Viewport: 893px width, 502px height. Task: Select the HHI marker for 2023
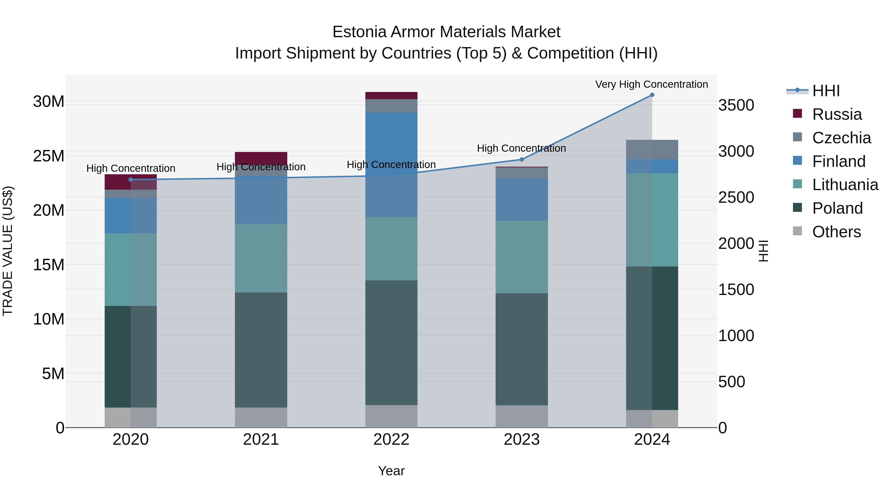(522, 159)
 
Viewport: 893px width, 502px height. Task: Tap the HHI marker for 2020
(131, 179)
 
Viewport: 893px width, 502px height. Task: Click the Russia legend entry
(836, 114)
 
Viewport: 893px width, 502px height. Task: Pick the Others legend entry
(836, 232)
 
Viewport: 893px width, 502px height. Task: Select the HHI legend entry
(826, 91)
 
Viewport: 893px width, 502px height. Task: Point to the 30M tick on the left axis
(49, 102)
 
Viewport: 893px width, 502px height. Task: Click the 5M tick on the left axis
(53, 374)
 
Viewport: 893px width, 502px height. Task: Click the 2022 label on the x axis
(391, 440)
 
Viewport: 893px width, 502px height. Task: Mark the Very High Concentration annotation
(651, 84)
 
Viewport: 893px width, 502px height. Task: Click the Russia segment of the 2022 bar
(391, 96)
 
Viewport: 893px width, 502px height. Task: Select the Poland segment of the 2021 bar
(261, 350)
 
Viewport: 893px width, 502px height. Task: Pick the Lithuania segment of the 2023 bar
(522, 257)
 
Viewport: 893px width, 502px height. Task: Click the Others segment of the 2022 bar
(391, 416)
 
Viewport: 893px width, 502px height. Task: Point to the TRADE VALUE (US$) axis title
(8, 251)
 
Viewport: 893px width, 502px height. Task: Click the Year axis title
(391, 471)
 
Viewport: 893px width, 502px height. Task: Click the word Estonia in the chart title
(359, 32)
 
